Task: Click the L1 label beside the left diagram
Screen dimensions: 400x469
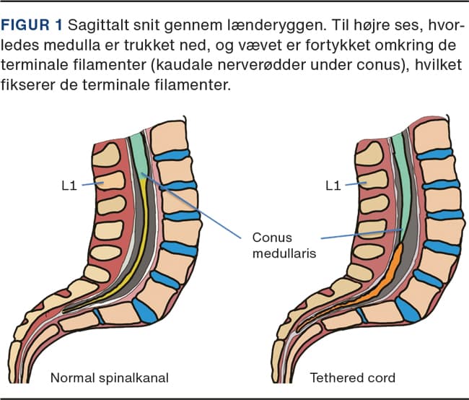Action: (70, 186)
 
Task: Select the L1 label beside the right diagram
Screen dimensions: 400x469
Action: (333, 186)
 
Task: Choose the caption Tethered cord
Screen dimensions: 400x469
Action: (353, 378)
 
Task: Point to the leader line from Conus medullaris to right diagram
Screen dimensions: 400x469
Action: (361, 233)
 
